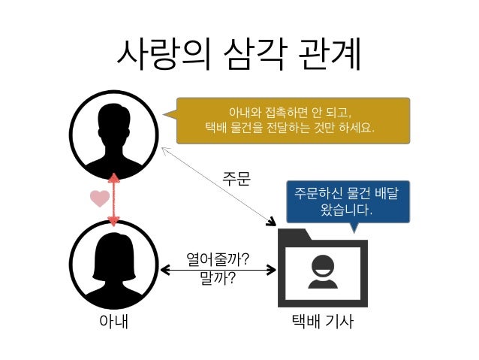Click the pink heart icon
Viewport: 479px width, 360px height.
pos(98,199)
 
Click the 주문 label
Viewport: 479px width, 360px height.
pos(234,180)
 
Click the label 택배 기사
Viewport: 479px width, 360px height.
pos(323,323)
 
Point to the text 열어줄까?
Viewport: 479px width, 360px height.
pos(218,261)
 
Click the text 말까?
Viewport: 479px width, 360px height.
pos(218,280)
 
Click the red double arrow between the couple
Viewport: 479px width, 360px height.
pos(114,199)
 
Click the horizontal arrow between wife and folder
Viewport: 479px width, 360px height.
pos(218,270)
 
